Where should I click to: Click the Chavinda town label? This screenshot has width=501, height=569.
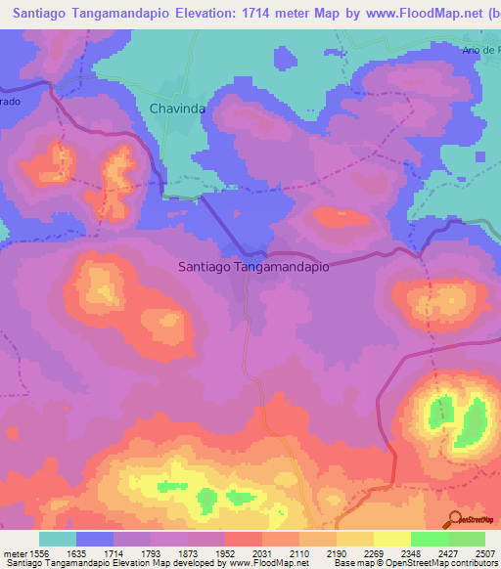[x=177, y=109]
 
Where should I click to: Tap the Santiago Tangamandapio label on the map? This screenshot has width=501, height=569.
[x=252, y=265]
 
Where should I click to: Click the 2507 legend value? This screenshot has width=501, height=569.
[x=484, y=552]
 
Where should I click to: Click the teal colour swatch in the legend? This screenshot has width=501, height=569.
[x=58, y=539]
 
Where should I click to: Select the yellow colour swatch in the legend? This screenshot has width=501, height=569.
[x=354, y=539]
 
